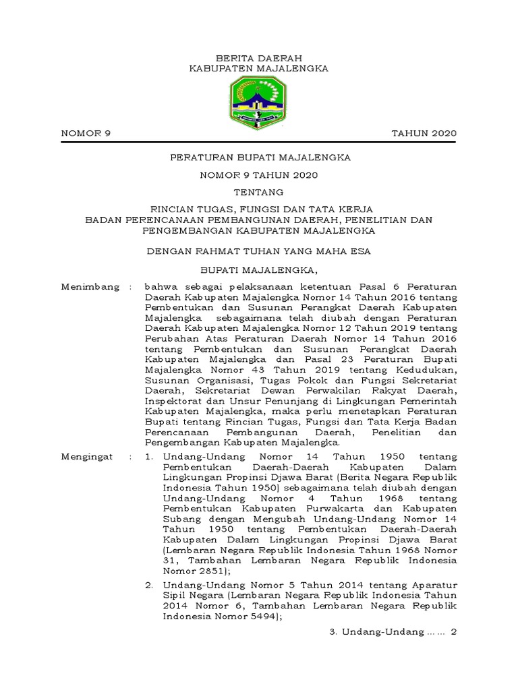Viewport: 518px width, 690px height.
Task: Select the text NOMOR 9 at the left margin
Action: (x=86, y=133)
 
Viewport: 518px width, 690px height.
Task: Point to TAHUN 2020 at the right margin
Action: (x=424, y=133)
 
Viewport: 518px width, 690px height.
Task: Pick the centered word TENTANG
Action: (x=259, y=192)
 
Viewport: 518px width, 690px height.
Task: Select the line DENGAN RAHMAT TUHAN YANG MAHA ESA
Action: (x=259, y=251)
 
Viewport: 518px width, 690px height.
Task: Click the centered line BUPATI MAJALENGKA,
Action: (x=259, y=270)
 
